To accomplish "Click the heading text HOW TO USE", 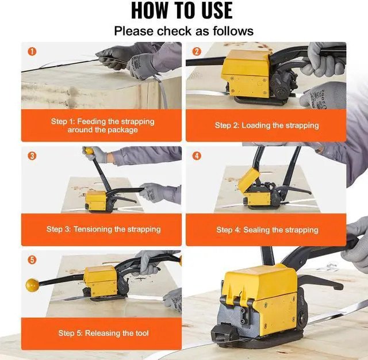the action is click(x=182, y=10).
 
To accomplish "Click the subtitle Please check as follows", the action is click(x=184, y=31).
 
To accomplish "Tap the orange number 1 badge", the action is click(x=32, y=51).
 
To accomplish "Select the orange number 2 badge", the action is click(x=197, y=51).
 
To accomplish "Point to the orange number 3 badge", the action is click(x=32, y=156).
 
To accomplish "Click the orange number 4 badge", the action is click(x=197, y=156).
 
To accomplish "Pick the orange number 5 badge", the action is click(x=32, y=260).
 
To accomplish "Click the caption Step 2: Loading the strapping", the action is click(x=267, y=125).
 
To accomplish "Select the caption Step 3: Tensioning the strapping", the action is click(x=103, y=229).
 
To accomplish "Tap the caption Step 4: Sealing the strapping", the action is click(x=267, y=230).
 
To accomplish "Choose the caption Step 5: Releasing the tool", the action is click(x=103, y=333).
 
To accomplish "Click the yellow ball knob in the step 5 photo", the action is click(x=32, y=285).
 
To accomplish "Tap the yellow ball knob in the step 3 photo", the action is click(x=88, y=151).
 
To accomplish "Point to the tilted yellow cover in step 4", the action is click(x=248, y=179).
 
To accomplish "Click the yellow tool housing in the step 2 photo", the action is click(x=247, y=74).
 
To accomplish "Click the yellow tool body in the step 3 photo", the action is click(x=96, y=200).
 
